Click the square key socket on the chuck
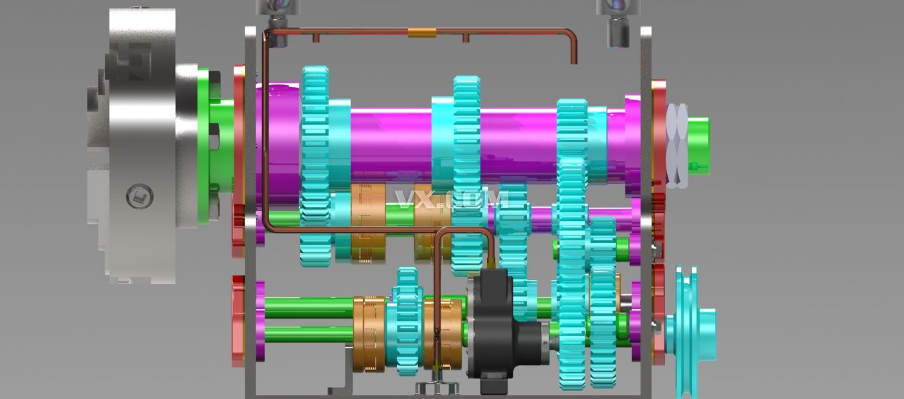coord(139,197)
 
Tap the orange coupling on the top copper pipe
coord(421,33)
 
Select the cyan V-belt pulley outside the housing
coord(690,332)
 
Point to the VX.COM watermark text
coord(451,199)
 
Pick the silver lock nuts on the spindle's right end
coord(676,145)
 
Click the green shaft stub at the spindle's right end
coord(698,145)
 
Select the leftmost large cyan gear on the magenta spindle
coord(315,165)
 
